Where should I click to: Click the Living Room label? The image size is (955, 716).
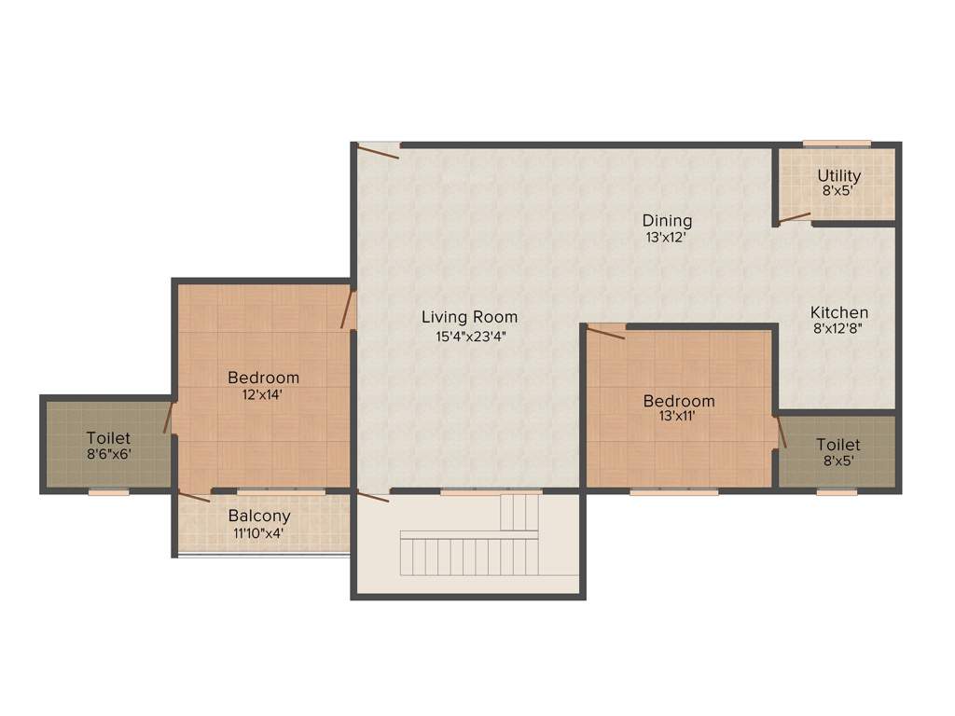[468, 317]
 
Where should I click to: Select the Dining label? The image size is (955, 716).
[667, 221]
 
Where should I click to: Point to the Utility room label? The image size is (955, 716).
[839, 175]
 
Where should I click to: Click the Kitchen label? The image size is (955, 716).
[838, 312]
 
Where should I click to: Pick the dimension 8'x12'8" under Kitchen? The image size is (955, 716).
[838, 329]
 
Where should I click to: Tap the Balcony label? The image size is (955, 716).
[259, 516]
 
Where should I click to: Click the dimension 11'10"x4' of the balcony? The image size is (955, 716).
[259, 533]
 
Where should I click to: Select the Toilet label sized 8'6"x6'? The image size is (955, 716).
[108, 437]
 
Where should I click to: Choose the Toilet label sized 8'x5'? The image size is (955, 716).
[837, 445]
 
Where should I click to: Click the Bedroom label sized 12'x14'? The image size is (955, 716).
[264, 378]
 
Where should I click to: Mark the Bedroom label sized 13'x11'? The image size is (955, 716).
[679, 401]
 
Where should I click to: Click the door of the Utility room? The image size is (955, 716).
[795, 217]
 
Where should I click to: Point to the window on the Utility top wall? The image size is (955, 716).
[837, 144]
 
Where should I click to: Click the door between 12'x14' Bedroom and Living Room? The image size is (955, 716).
[348, 310]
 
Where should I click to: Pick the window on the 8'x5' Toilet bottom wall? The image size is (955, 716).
[837, 491]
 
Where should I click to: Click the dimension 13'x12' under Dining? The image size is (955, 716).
[667, 237]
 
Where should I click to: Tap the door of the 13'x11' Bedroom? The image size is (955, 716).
[605, 332]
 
